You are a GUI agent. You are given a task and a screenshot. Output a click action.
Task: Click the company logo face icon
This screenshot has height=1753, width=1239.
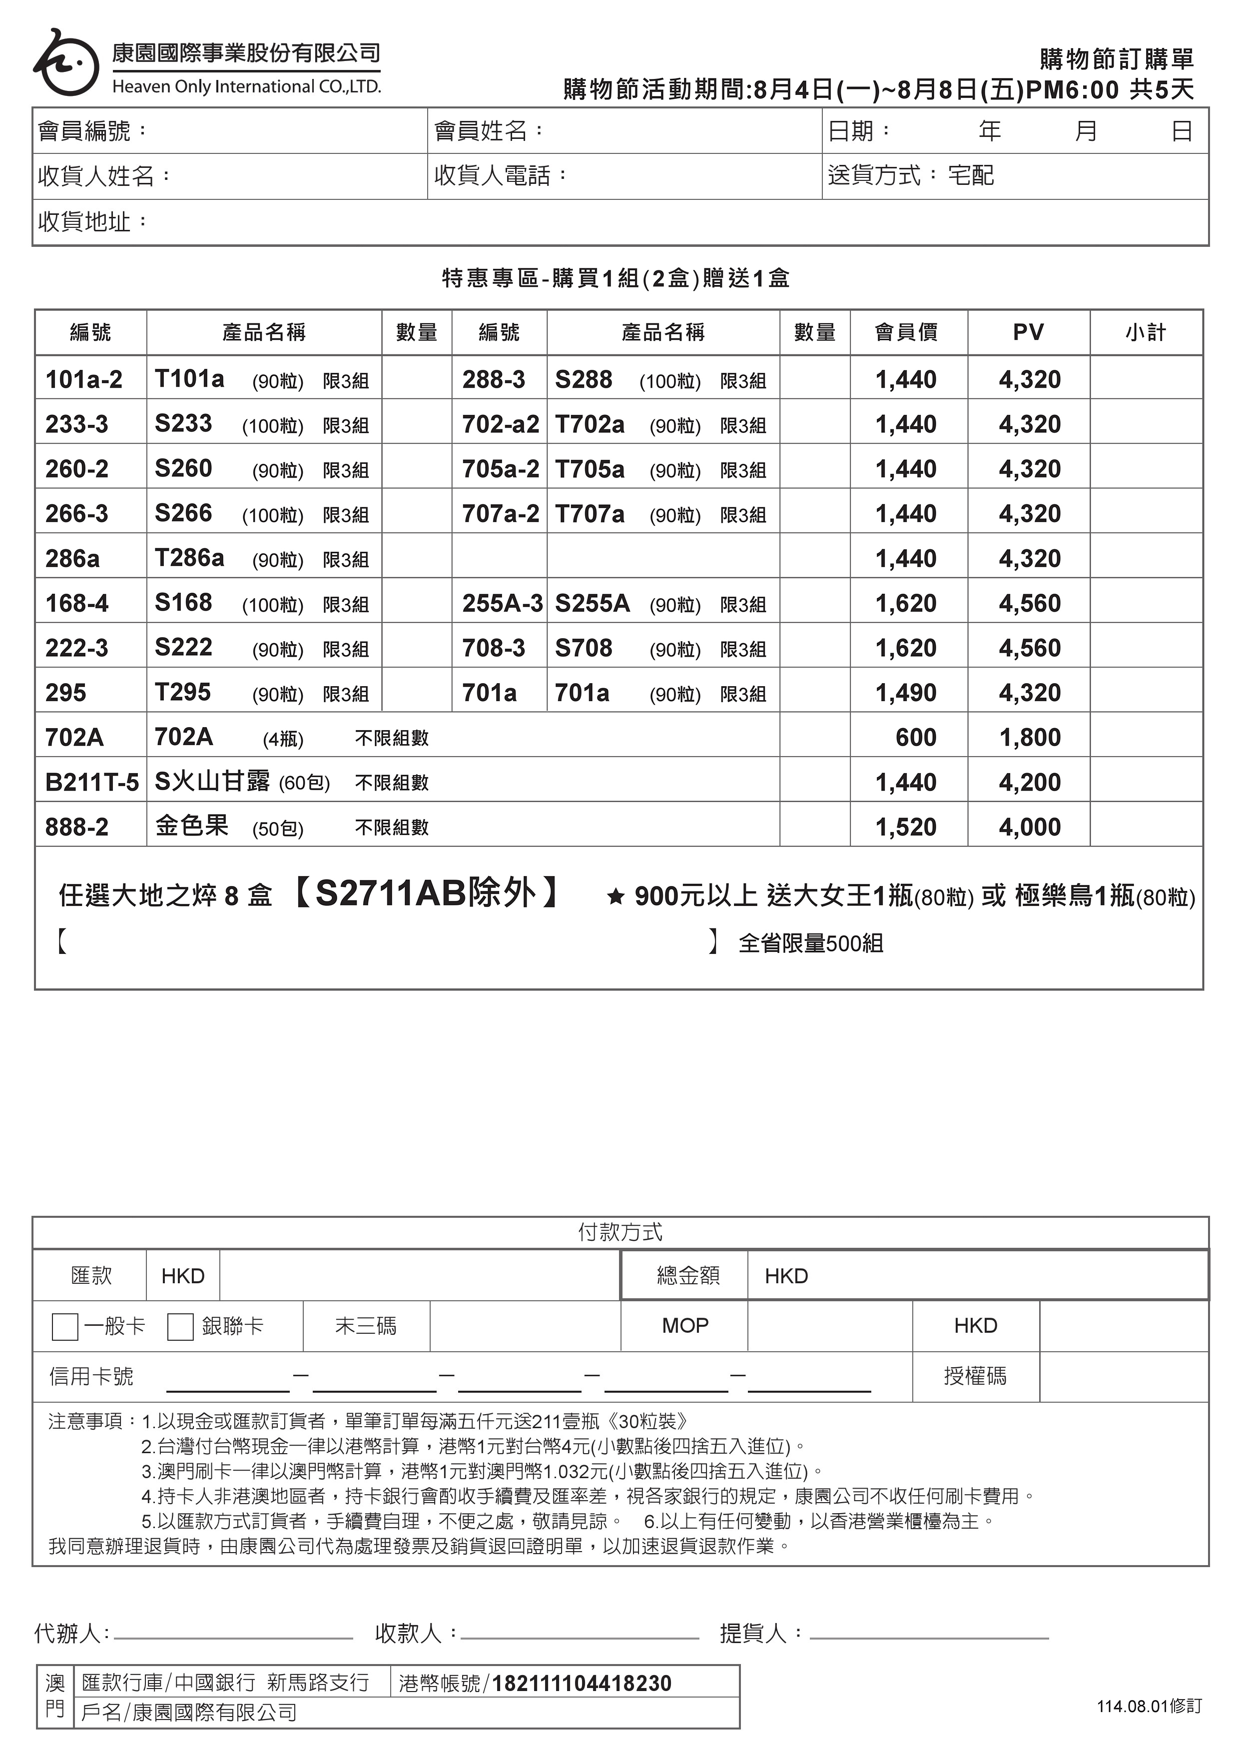65,62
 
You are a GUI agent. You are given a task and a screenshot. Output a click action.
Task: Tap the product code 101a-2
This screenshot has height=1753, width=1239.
83,379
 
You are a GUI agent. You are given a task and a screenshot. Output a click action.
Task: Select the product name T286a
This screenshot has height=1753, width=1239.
189,558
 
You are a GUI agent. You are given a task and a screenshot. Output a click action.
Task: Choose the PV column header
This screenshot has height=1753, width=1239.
1028,332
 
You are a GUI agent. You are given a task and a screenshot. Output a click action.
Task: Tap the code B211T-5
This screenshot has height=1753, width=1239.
91,783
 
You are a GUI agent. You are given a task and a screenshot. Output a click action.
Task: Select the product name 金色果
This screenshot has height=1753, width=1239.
192,826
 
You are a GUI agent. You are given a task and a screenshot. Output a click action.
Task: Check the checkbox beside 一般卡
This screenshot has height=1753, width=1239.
65,1326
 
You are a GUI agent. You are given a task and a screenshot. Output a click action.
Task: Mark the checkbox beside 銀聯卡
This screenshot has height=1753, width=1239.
180,1326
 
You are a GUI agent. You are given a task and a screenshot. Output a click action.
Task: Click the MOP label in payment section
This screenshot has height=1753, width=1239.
685,1325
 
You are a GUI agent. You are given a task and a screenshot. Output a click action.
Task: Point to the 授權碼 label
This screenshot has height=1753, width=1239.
975,1376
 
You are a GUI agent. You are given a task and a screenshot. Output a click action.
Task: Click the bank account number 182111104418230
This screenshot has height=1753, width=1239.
582,1684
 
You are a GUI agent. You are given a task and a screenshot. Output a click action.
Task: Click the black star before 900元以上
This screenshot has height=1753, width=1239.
616,896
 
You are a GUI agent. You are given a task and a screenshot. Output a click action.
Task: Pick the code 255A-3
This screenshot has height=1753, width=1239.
502,603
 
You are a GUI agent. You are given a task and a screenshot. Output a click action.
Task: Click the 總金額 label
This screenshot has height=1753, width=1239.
688,1276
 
